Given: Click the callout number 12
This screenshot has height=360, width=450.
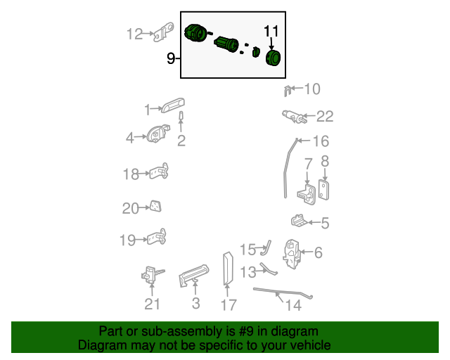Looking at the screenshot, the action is (x=134, y=34).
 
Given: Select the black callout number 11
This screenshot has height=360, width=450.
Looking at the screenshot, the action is (x=271, y=32).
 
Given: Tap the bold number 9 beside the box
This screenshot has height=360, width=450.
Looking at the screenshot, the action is (x=171, y=58).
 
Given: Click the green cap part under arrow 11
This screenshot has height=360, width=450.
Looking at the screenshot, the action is (x=273, y=58).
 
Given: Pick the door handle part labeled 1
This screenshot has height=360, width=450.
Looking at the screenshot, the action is (x=173, y=105).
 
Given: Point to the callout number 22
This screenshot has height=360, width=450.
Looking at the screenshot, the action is (x=325, y=117).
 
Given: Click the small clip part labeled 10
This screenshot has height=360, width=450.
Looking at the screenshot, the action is (x=288, y=91).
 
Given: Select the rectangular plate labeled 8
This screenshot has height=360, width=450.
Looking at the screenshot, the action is (x=323, y=190).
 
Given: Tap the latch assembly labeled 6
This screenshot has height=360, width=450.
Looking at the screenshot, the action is (x=292, y=254).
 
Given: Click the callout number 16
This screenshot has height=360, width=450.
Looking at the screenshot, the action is (x=321, y=141).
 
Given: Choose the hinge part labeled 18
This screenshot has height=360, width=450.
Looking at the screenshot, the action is (x=159, y=172).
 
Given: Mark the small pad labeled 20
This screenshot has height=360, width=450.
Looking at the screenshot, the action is (x=155, y=206).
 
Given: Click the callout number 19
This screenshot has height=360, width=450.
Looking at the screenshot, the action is (x=127, y=240).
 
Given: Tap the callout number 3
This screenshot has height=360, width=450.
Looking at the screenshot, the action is (x=195, y=304).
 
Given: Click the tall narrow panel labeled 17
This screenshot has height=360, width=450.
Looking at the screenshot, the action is (x=228, y=269).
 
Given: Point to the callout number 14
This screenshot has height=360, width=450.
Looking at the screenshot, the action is (x=293, y=305).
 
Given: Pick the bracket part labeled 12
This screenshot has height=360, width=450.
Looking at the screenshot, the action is (x=163, y=32).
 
